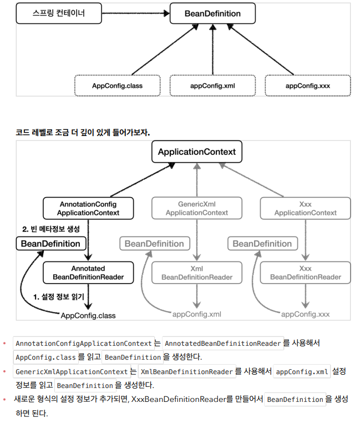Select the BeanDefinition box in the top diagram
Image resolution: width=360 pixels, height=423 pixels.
212,13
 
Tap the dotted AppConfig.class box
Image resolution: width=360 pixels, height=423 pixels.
117,85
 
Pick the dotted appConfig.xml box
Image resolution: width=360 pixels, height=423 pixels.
212,85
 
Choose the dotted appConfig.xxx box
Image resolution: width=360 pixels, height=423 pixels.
308,85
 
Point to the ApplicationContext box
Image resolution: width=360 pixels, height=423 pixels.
197,152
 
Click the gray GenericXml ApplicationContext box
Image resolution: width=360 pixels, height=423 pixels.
197,208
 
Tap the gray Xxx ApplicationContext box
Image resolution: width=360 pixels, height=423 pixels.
305,208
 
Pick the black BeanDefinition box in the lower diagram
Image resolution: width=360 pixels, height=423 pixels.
50,244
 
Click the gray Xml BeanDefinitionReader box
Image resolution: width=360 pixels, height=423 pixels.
197,273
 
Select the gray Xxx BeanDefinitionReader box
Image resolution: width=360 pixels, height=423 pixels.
305,273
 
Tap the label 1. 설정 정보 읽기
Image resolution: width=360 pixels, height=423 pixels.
58,297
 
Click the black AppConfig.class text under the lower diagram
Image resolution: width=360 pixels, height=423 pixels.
88,315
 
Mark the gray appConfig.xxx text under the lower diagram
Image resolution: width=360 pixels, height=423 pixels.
305,314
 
